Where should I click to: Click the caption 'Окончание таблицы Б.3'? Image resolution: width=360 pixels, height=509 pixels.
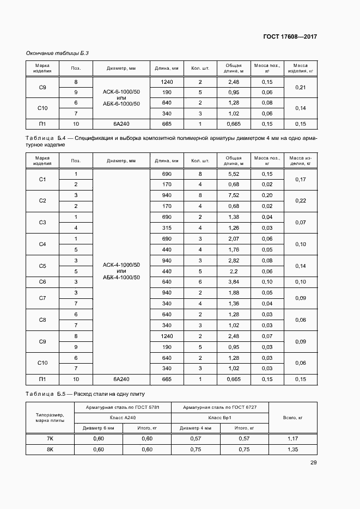[x=57, y=53]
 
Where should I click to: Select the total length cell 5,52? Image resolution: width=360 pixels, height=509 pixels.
[x=234, y=174]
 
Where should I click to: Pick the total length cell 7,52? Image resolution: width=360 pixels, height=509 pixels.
[x=234, y=195]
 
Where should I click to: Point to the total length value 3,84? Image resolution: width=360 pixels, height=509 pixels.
[x=234, y=281]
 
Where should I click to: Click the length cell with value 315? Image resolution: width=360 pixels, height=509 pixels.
[x=167, y=228]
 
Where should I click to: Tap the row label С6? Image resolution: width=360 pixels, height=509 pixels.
[x=42, y=281]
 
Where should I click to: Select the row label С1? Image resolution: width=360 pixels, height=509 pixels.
[x=42, y=179]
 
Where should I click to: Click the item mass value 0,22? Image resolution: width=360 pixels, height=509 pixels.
[x=300, y=201]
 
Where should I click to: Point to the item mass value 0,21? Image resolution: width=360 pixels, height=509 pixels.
[x=300, y=87]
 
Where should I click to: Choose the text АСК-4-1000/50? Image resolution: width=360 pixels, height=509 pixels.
[x=121, y=265]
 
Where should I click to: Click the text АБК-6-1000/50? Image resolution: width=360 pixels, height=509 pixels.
[x=121, y=103]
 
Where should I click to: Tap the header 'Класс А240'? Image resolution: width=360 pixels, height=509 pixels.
[x=123, y=418]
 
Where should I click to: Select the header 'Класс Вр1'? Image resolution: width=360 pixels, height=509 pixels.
[x=220, y=418]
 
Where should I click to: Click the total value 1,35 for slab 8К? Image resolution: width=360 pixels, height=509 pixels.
[x=293, y=450]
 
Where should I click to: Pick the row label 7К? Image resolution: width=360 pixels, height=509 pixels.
[x=50, y=439]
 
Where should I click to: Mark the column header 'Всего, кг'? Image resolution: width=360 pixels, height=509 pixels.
[x=293, y=418]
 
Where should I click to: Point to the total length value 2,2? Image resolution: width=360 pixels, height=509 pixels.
[x=234, y=271]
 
